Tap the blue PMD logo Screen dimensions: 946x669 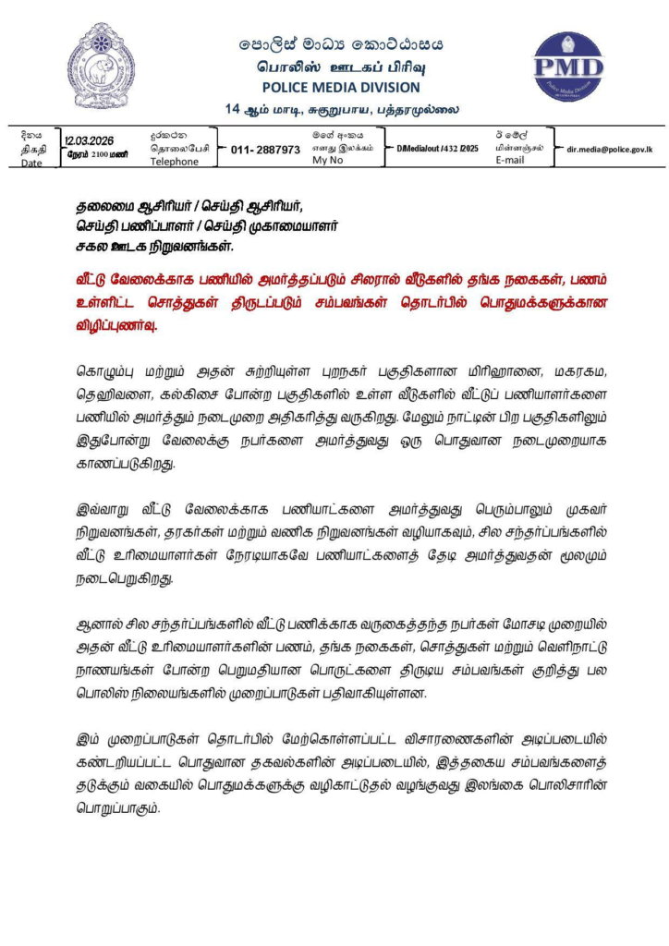568,67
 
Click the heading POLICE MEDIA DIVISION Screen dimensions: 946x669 341,88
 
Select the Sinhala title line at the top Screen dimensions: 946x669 341,44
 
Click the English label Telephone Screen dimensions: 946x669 174,162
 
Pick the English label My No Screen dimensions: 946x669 326,161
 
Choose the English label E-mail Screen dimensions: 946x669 510,160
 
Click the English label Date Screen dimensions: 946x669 32,163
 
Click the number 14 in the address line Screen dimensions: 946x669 233,109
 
